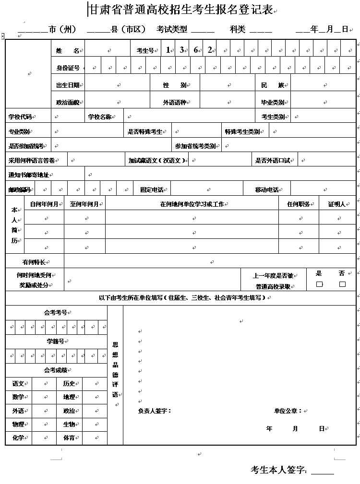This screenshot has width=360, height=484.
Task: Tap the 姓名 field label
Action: [x=67, y=50]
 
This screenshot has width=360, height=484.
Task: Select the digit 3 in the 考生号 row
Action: [x=182, y=50]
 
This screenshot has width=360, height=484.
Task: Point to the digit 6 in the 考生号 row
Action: [x=196, y=50]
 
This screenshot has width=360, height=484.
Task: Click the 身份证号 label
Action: [x=68, y=68]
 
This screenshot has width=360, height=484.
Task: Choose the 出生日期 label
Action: [x=68, y=85]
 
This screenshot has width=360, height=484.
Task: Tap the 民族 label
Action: [x=272, y=85]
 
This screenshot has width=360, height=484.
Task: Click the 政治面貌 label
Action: [x=68, y=102]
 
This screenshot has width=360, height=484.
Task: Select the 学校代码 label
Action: [x=20, y=117]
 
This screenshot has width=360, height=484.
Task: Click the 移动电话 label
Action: [x=267, y=190]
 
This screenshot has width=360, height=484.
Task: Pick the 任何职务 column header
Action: [x=298, y=204]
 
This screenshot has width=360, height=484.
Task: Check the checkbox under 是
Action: [x=319, y=284]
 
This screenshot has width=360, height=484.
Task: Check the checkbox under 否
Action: [x=342, y=284]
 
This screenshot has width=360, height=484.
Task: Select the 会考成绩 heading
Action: [x=56, y=370]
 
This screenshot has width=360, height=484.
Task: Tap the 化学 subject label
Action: [x=18, y=437]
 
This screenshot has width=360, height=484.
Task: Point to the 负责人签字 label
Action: [x=154, y=411]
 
